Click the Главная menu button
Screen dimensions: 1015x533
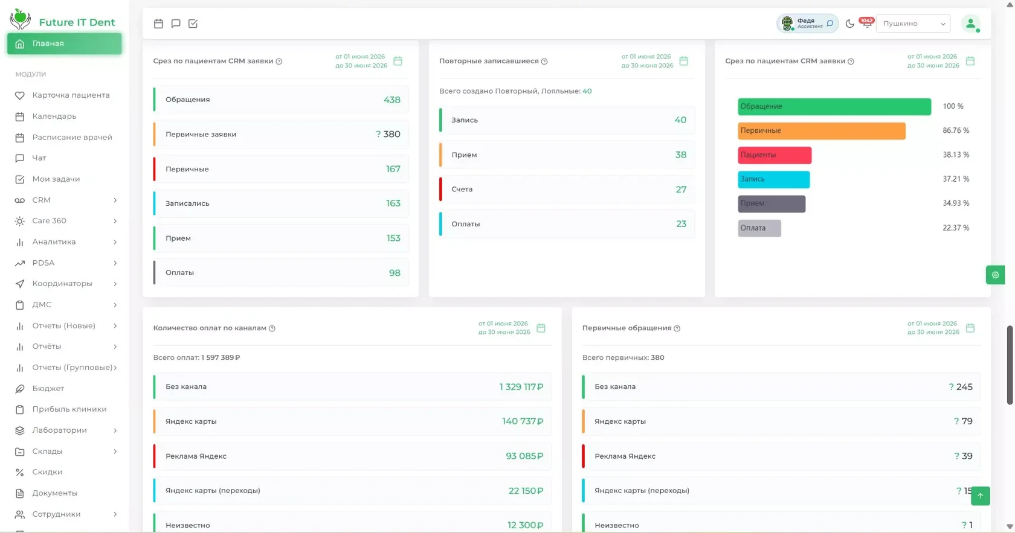pos(64,43)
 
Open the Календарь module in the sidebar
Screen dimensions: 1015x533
pos(54,116)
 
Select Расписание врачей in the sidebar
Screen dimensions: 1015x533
pos(72,137)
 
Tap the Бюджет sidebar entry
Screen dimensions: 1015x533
pos(48,389)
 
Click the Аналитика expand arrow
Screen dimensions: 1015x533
pos(115,242)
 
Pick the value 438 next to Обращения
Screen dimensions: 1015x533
pos(392,100)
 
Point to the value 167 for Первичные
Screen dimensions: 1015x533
pos(393,169)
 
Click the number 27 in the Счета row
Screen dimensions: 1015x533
pos(681,190)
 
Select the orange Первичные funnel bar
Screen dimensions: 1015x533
pos(822,131)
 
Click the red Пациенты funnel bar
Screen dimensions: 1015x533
pos(775,155)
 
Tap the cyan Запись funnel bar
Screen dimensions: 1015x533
pos(773,179)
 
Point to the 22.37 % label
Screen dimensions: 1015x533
pos(956,228)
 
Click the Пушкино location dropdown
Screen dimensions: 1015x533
pos(913,24)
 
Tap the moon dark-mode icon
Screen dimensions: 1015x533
pos(849,24)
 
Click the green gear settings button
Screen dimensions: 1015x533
pos(995,275)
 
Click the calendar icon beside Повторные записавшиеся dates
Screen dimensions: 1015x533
pos(684,61)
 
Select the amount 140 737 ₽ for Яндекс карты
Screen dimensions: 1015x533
pos(523,421)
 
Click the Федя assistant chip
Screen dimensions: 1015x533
pos(807,24)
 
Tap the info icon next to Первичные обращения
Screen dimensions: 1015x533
pos(677,328)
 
